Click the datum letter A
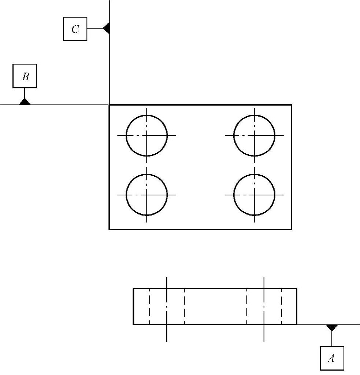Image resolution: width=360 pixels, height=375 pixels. pyautogui.click(x=331, y=358)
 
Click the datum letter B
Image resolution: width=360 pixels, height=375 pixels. pyautogui.click(x=25, y=76)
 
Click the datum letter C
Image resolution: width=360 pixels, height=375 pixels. pyautogui.click(x=75, y=29)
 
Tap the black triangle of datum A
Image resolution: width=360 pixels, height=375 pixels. pyautogui.click(x=332, y=327)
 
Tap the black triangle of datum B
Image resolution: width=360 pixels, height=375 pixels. pyautogui.click(x=25, y=102)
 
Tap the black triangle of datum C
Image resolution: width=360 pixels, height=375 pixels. pyautogui.click(x=107, y=28)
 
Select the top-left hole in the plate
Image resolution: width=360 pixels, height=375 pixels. pyautogui.click(x=147, y=135)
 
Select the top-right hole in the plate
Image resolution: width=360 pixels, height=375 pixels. pyautogui.click(x=255, y=135)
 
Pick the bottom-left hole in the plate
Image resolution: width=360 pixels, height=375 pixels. pyautogui.click(x=147, y=195)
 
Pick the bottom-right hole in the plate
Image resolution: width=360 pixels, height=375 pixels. pyautogui.click(x=255, y=195)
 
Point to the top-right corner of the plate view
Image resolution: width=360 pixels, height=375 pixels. pyautogui.click(x=292, y=105)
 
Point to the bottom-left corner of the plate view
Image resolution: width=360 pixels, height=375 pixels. pyautogui.click(x=110, y=229)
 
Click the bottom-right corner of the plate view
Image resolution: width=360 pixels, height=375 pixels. pyautogui.click(x=292, y=229)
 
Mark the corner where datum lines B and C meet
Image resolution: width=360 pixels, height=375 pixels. pyautogui.click(x=110, y=105)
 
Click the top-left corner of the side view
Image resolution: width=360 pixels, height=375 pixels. pyautogui.click(x=133, y=289)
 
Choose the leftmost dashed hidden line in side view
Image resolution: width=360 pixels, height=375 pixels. pyautogui.click(x=150, y=306)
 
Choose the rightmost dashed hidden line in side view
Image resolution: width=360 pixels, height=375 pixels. pyautogui.click(x=282, y=306)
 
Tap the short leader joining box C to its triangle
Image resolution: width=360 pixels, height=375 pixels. pyautogui.click(x=95, y=28)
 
